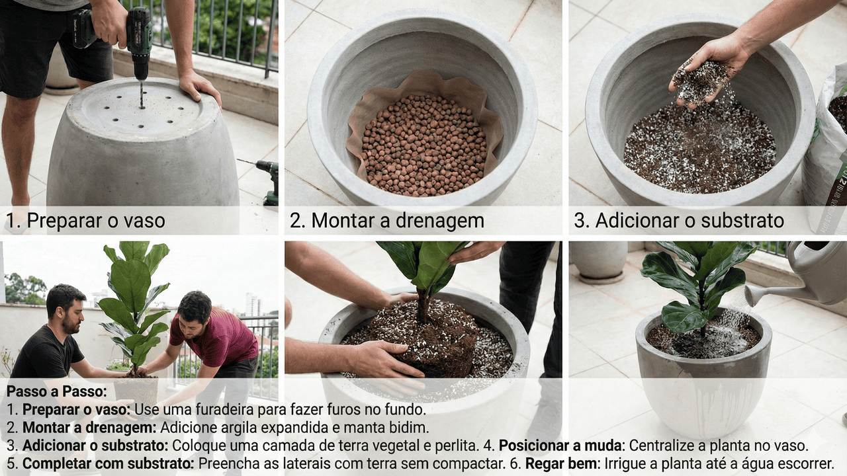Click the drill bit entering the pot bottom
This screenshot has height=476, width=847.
pyautogui.click(x=142, y=94)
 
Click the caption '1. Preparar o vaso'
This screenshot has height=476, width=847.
pyautogui.click(x=85, y=221)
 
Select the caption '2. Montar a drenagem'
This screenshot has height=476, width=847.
pyautogui.click(x=387, y=221)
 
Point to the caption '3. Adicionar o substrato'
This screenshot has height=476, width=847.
pyautogui.click(x=679, y=221)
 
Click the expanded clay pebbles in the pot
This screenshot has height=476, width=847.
pyautogui.click(x=424, y=145)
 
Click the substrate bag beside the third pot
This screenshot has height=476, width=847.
pyautogui.click(x=826, y=151)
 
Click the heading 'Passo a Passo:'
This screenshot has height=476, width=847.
pyautogui.click(x=57, y=391)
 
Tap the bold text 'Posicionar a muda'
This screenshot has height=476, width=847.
pyautogui.click(x=560, y=446)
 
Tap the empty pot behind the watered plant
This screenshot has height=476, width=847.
pyautogui.click(x=600, y=260)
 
